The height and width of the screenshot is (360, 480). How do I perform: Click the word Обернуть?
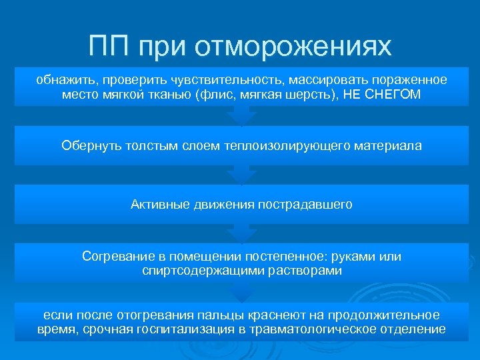tap(90, 145)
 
